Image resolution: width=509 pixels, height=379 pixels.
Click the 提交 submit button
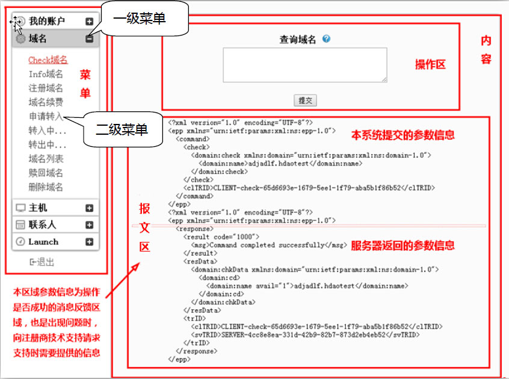pos(305,100)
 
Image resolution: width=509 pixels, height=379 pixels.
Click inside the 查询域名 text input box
pos(305,65)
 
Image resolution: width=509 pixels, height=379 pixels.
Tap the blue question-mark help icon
pos(327,39)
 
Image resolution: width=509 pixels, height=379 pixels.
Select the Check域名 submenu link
pos(48,60)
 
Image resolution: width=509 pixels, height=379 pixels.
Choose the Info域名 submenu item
pos(46,74)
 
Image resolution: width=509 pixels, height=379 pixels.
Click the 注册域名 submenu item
pos(46,88)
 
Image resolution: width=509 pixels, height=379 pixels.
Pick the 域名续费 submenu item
pos(46,102)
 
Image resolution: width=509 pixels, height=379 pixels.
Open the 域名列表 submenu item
pos(46,159)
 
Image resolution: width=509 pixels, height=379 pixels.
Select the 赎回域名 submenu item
pos(46,173)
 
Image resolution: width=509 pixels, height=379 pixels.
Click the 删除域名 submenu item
pos(46,187)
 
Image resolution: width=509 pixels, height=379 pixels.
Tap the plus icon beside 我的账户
pos(89,22)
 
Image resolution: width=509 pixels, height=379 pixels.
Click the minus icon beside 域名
pos(89,39)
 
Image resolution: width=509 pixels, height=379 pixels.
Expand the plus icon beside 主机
pos(89,208)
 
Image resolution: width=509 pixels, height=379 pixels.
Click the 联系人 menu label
pos(42,224)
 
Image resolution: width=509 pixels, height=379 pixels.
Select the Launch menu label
pos(43,242)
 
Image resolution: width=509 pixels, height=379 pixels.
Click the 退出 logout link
pos(42,262)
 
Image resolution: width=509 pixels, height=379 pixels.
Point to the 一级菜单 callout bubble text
pos(139,18)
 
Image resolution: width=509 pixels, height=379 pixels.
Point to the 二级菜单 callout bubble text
pos(122,129)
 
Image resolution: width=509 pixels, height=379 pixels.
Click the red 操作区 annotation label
pos(430,64)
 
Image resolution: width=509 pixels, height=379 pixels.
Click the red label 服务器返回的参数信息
pos(403,245)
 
